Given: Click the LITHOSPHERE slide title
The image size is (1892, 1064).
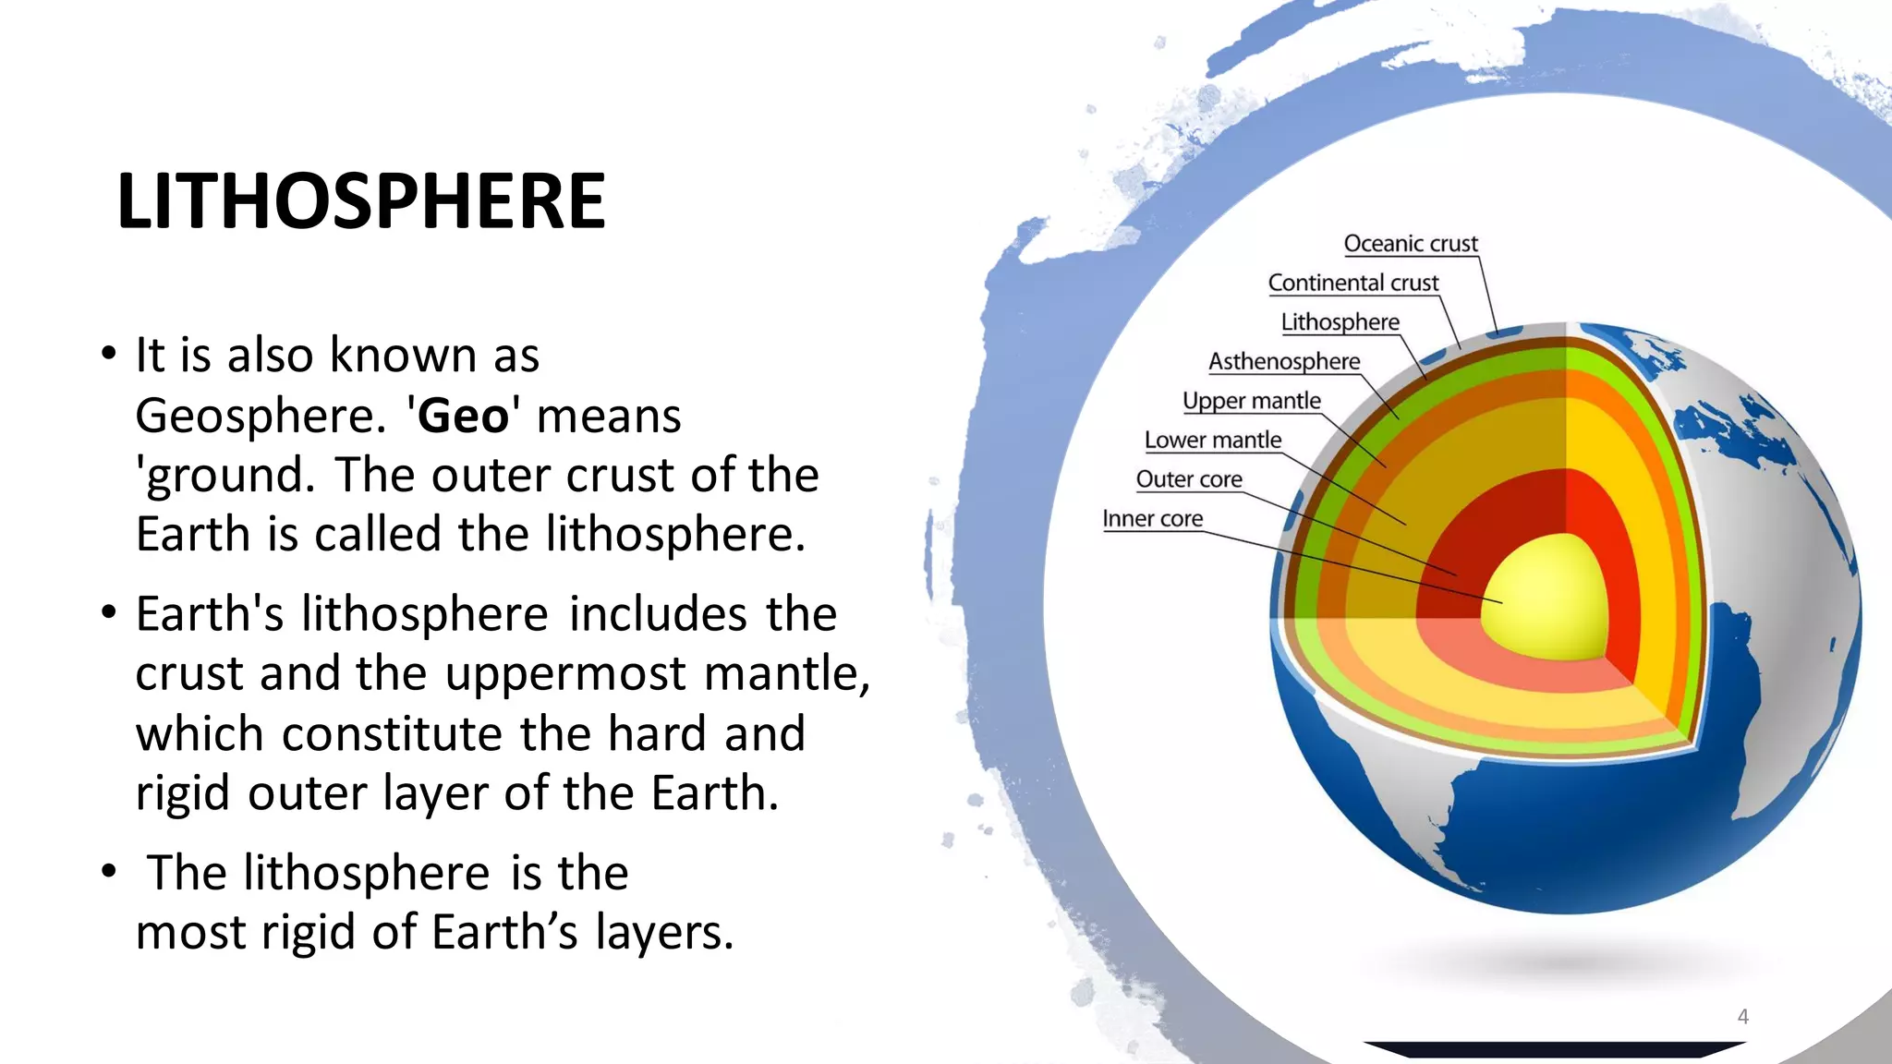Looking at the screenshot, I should [360, 201].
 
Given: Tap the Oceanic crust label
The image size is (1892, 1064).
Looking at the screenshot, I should [1410, 244].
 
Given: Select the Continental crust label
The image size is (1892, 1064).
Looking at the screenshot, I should [1352, 283].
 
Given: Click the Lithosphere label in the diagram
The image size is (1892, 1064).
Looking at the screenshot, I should [1340, 322].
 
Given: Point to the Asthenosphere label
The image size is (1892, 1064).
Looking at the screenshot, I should [1283, 361].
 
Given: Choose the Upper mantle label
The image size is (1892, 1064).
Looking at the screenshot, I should [1251, 401].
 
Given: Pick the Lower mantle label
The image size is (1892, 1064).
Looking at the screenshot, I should [1212, 441].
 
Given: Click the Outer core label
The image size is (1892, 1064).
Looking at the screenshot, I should [1188, 479].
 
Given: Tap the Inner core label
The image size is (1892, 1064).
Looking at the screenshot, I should [1152, 519].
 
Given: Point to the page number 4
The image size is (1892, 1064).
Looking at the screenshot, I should [1742, 1017].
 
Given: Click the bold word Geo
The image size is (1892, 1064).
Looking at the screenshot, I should [463, 416].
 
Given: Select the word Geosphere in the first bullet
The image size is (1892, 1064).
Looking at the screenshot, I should [259, 416].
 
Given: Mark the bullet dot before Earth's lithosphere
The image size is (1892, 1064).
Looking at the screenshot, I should [109, 612].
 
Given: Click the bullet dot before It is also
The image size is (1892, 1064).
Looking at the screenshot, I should [109, 353].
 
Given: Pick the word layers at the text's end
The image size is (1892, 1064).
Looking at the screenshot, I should [663, 932].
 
